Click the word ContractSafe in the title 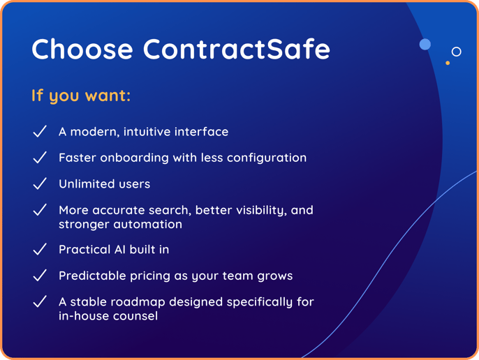click(x=237, y=50)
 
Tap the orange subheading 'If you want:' click(x=81, y=96)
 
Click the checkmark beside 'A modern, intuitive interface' click(x=40, y=131)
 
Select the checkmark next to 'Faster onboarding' click(x=40, y=158)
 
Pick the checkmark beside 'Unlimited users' click(x=40, y=183)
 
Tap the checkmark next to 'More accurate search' click(x=40, y=210)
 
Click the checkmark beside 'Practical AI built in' click(x=40, y=249)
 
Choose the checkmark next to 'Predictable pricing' click(x=40, y=276)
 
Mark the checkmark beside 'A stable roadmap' click(x=40, y=301)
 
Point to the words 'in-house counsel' click(x=108, y=316)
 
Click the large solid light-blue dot click(x=425, y=45)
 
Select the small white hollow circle click(x=457, y=52)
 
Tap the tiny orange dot click(x=448, y=63)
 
